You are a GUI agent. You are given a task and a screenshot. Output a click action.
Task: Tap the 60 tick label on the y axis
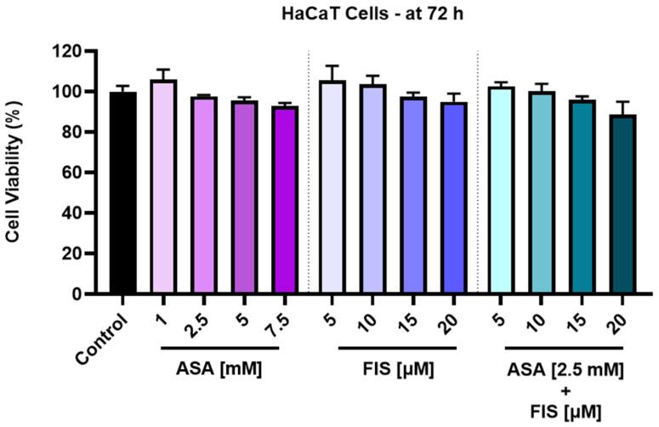pyautogui.click(x=75, y=173)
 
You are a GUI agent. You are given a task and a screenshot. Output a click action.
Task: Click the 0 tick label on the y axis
pyautogui.click(x=79, y=294)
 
